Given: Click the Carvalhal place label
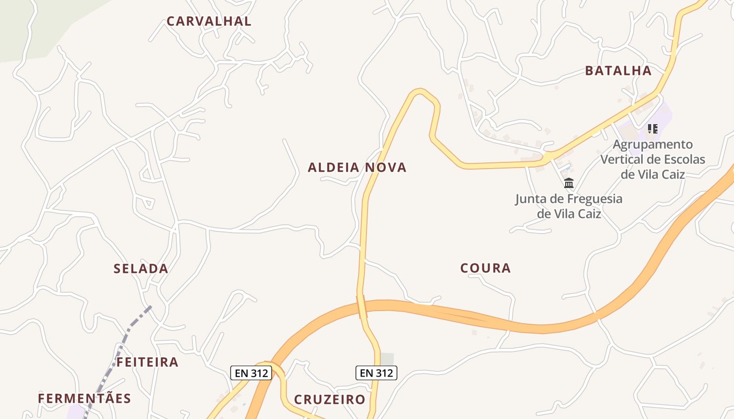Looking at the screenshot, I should pos(209,21).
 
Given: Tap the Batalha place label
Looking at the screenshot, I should pos(618,71).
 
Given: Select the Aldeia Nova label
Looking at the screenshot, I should pos(357,168).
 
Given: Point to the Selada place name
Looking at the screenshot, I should pos(141,269).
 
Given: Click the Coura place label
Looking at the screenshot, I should pos(485,268).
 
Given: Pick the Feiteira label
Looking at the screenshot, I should pos(147,362).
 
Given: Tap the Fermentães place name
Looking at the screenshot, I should pos(84,398).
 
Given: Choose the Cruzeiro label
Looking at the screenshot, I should pos(329,400).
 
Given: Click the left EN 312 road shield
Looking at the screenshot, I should pos(251,373).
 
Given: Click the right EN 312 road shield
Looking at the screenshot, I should pos(376,373).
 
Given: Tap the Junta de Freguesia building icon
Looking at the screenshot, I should pos(569,183).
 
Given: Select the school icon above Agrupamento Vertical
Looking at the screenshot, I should pos(653,128).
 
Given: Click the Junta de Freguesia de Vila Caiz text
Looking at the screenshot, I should pos(569,206).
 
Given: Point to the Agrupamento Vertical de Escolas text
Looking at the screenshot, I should pos(653,159).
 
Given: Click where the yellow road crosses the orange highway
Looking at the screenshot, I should pos(362,306).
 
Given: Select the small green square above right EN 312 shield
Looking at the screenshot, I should pos(387,359).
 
